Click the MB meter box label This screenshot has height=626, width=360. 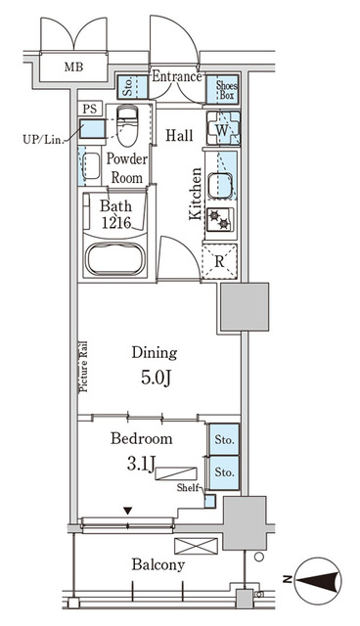[73, 67]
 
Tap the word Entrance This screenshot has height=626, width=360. [177, 76]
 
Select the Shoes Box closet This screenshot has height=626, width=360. [222, 90]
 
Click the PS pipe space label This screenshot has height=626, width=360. [90, 109]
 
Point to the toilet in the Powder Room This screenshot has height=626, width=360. [128, 125]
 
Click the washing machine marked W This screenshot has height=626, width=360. [223, 128]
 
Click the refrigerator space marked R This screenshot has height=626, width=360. [219, 261]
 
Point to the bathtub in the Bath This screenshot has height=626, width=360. [114, 258]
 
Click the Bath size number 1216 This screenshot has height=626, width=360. [116, 222]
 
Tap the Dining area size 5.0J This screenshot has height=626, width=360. [156, 378]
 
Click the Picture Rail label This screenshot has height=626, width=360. [83, 367]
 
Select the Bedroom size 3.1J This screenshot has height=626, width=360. [141, 465]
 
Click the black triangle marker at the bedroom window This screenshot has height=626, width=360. [127, 511]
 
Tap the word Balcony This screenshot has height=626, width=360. [158, 565]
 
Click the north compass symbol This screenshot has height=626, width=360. [317, 580]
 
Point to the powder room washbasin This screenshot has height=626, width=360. [92, 165]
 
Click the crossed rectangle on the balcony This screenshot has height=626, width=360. [197, 546]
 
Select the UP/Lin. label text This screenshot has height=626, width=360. [43, 140]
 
